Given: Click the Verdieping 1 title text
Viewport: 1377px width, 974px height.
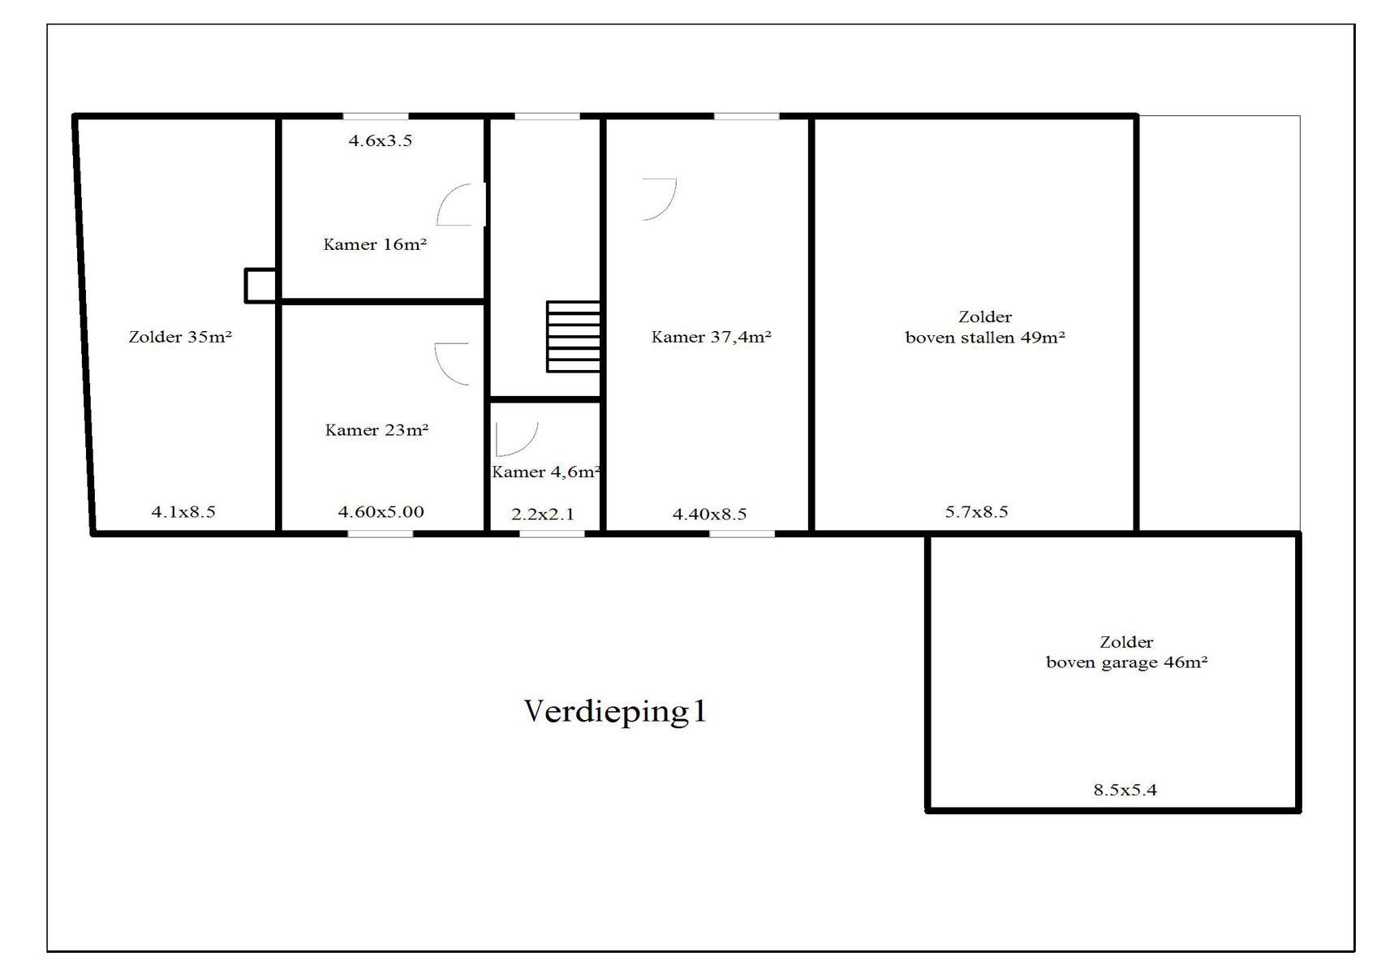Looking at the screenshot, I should click(615, 711).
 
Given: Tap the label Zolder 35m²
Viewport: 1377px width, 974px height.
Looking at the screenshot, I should click(180, 337).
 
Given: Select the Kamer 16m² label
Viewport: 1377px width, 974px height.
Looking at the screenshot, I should click(375, 244).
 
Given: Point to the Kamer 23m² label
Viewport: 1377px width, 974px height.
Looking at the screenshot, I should click(377, 430).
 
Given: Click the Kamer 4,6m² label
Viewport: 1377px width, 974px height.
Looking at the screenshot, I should click(545, 472).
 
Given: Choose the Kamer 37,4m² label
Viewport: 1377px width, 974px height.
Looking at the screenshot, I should click(711, 337).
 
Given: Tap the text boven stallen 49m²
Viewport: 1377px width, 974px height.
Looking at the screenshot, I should click(984, 338).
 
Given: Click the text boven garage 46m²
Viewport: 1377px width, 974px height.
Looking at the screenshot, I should click(1126, 662).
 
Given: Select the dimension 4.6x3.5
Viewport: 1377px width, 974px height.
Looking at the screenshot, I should click(381, 140).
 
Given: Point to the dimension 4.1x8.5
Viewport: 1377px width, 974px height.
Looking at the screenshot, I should click(183, 512).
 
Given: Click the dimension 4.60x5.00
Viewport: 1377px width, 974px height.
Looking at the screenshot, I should click(381, 512).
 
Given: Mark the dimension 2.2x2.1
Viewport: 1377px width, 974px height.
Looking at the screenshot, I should click(543, 515).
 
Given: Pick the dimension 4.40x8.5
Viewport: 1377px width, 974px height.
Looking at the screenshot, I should click(709, 515).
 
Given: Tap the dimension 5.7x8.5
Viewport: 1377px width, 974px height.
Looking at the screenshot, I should click(976, 512).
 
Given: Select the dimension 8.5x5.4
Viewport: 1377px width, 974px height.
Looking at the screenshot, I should click(1125, 790).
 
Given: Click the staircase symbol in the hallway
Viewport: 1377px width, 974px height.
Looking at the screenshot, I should click(573, 337).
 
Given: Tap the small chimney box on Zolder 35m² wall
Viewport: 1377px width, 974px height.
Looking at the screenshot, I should click(260, 286).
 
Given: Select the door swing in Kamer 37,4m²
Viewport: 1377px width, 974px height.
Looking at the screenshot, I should click(659, 199).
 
